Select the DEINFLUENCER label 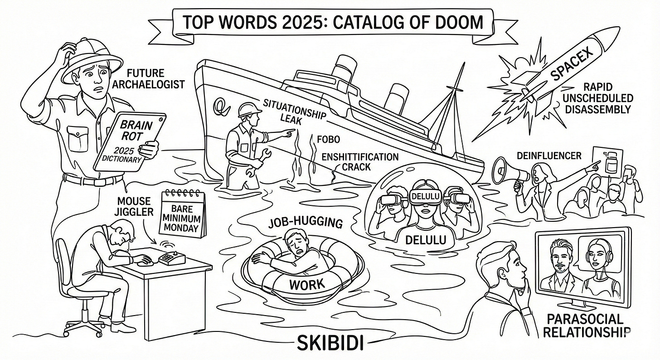[x=548, y=156]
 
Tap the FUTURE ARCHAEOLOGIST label [x=155, y=78]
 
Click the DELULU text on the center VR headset [x=422, y=196]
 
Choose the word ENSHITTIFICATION [x=359, y=157]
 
